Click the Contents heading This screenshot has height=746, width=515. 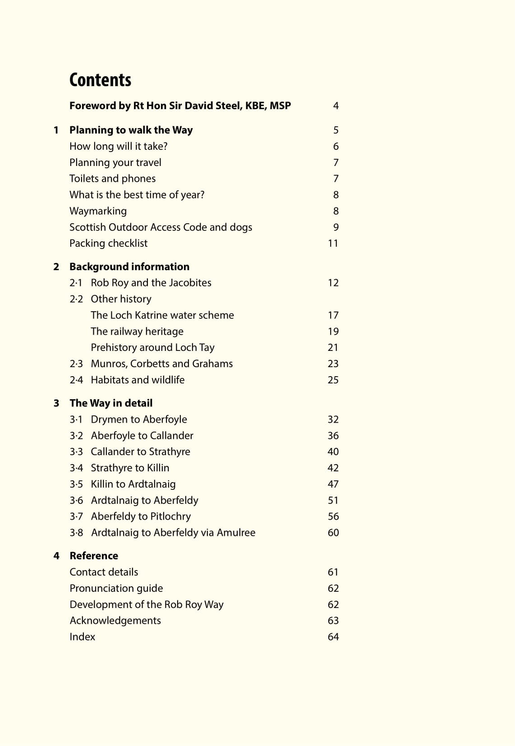[x=100, y=80]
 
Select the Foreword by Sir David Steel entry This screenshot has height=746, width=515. [x=180, y=106]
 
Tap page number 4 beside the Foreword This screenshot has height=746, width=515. [x=336, y=106]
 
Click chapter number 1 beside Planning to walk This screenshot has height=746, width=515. [x=56, y=130]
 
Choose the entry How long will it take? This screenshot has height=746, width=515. [x=118, y=147]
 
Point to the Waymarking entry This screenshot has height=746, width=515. [x=98, y=211]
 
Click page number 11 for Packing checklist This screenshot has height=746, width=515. [x=333, y=244]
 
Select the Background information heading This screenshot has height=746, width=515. [x=129, y=267]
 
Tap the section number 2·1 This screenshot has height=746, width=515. [x=76, y=283]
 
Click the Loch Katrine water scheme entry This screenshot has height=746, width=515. [x=162, y=315]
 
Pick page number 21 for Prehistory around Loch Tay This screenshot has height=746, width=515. [x=333, y=348]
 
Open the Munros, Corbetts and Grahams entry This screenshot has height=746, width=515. [x=161, y=364]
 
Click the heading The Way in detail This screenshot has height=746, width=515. [x=110, y=403]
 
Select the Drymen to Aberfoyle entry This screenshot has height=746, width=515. [x=139, y=419]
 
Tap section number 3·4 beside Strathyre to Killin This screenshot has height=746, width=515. [x=76, y=468]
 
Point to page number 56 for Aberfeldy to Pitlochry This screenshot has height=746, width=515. [x=333, y=516]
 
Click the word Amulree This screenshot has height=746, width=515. [x=236, y=533]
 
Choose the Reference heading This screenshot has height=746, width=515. [x=94, y=556]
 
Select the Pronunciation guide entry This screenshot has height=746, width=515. [x=116, y=588]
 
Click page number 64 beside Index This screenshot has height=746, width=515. [x=333, y=637]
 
